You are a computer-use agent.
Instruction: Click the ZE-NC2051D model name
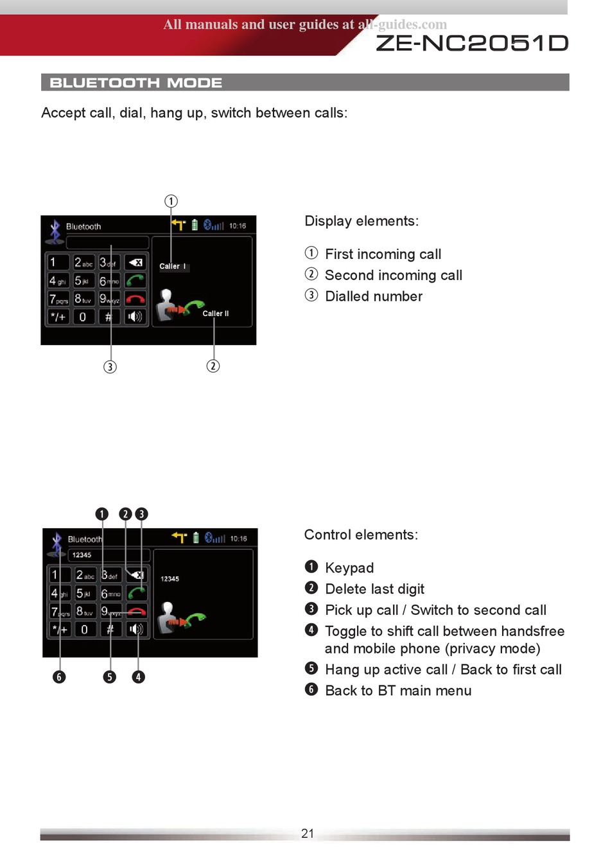pos(472,43)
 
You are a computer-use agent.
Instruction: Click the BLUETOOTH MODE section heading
pos(136,83)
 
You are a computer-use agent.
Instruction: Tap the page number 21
pos(308,833)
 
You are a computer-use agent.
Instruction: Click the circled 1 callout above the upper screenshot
pos(171,201)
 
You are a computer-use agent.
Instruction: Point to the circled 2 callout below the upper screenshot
pos(213,366)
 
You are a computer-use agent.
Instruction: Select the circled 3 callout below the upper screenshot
pos(110,367)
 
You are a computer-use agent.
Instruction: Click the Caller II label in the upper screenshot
pos(215,314)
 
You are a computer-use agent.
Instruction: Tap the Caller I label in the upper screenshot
pos(172,266)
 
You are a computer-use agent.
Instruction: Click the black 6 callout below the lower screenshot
pos(59,676)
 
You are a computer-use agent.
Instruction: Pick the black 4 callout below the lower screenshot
pos(138,676)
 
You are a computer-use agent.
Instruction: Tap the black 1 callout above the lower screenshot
pos(101,514)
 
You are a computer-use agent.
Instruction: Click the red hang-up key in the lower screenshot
pos(137,611)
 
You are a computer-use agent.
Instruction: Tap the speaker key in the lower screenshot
pos(136,629)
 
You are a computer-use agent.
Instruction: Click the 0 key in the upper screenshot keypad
pos(83,317)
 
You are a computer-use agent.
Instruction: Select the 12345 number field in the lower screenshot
pos(109,555)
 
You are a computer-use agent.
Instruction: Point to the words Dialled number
pos(374,296)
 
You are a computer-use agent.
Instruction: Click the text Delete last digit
pos(374,589)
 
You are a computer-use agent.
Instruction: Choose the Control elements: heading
pos(361,535)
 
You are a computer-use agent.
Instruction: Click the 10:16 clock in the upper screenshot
pos(238,225)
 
